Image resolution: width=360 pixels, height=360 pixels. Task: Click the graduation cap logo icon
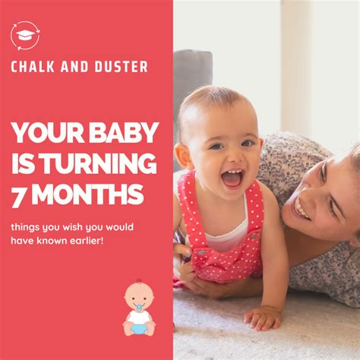point(25,35)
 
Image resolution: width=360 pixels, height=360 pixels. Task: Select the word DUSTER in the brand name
point(122,67)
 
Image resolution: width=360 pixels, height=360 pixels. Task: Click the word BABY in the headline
point(122,134)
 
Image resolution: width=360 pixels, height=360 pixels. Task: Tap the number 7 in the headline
point(18,195)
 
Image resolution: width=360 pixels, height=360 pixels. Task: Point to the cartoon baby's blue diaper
point(139,327)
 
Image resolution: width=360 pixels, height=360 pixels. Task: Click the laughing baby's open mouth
point(231,178)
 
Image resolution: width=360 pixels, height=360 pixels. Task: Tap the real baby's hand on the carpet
point(262,317)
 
